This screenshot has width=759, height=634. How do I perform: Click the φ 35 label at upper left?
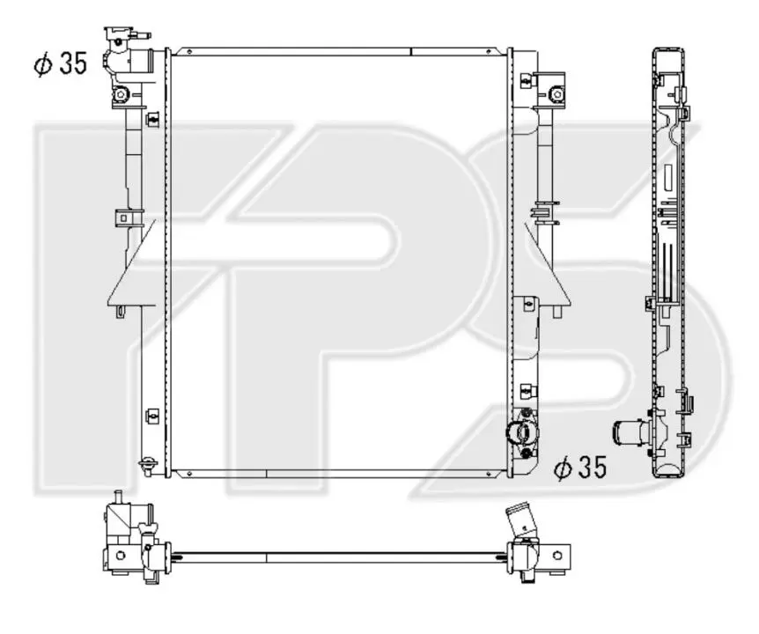click(61, 63)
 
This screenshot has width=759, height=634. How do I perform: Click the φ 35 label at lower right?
click(580, 468)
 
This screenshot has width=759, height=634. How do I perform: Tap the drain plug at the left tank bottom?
click(147, 466)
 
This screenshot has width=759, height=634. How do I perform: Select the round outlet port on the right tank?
click(521, 432)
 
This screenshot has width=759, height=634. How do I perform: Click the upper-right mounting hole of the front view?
click(557, 94)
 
